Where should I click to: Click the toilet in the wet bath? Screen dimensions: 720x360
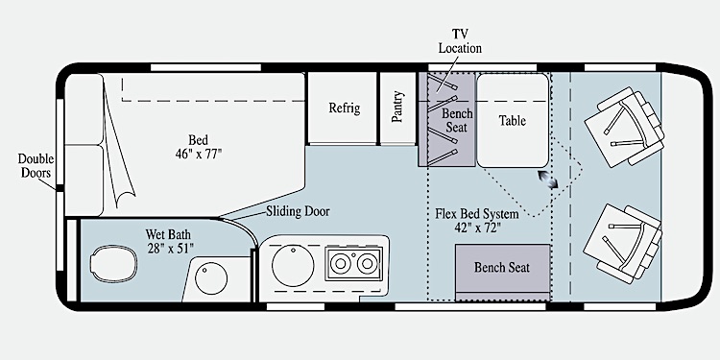[x=113, y=264]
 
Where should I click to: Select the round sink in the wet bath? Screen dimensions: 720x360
[x=211, y=277]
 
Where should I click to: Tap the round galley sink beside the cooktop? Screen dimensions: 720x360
[x=293, y=266]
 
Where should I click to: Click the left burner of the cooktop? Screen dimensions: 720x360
[x=341, y=264]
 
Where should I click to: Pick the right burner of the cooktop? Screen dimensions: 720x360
[x=368, y=264]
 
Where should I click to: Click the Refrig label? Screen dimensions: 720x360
[x=345, y=108]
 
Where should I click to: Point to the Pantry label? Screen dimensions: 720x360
[x=397, y=107]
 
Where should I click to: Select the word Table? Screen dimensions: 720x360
[x=513, y=120]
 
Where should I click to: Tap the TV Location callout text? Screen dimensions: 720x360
[x=460, y=41]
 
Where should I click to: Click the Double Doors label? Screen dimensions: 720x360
[x=36, y=166]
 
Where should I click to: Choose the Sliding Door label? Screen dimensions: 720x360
[x=298, y=212]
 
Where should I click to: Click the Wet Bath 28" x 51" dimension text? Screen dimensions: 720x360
[x=170, y=241]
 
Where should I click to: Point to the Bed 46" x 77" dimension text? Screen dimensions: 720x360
[x=199, y=147]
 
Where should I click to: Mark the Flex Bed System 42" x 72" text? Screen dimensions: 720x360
[x=476, y=221]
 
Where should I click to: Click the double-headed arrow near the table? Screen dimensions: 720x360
[x=548, y=180]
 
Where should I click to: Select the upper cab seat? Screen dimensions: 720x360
[x=625, y=127]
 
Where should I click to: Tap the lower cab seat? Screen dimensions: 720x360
[x=624, y=244]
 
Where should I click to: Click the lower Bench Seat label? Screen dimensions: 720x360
[x=502, y=267]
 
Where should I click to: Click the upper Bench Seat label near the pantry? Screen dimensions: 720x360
[x=457, y=120]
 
